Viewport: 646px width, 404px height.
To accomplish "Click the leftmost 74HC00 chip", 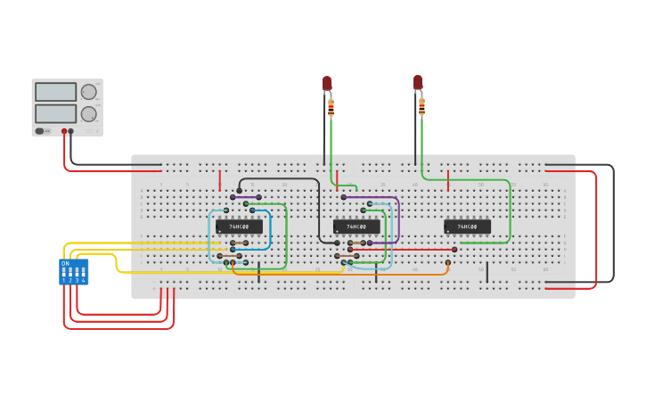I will click(239, 227).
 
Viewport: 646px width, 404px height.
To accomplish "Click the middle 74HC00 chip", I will click(356, 227).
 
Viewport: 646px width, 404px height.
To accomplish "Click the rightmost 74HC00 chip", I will click(467, 227).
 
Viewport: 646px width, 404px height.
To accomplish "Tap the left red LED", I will click(327, 83).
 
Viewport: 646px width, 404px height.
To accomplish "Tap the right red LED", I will click(418, 82).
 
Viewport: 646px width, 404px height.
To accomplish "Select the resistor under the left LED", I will click(331, 108).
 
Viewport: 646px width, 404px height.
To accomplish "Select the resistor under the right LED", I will click(421, 107).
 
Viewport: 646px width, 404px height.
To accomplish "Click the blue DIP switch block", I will click(73, 272).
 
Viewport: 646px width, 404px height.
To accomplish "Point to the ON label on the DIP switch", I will click(65, 264).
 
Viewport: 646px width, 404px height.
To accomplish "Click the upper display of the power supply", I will click(55, 92).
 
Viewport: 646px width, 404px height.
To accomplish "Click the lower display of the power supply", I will click(55, 113).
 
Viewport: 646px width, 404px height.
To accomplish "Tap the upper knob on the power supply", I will click(88, 92).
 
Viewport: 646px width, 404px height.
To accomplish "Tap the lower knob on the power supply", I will click(88, 114).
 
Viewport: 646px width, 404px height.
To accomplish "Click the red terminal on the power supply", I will click(64, 131).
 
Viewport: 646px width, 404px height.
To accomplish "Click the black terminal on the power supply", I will click(71, 131).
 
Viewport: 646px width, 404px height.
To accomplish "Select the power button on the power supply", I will click(39, 131).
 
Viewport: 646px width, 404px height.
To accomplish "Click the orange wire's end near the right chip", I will click(447, 263).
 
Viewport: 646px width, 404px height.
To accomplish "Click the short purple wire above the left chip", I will click(246, 197).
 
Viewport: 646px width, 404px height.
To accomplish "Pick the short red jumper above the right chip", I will click(447, 181).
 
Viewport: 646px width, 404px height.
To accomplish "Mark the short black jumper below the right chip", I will click(487, 271).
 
